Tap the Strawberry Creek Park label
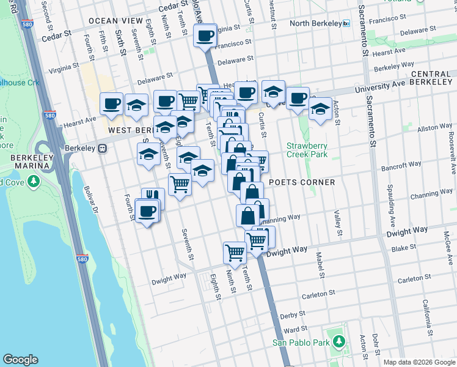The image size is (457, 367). [x=307, y=150]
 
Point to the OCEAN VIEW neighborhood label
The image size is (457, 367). [x=111, y=21]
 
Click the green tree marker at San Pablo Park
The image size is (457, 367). [x=337, y=343]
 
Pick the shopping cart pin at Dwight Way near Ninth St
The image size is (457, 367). [x=235, y=251]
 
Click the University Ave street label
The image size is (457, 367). [x=382, y=85]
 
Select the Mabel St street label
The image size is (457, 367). [x=318, y=264]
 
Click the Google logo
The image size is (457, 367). [x=21, y=360]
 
